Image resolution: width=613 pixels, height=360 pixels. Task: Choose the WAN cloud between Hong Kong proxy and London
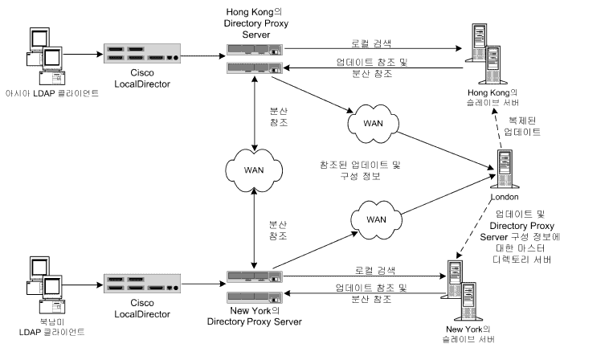[373, 122]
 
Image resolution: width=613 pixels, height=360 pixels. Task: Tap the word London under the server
[506, 197]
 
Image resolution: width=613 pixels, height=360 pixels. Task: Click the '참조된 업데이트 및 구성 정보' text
[359, 170]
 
